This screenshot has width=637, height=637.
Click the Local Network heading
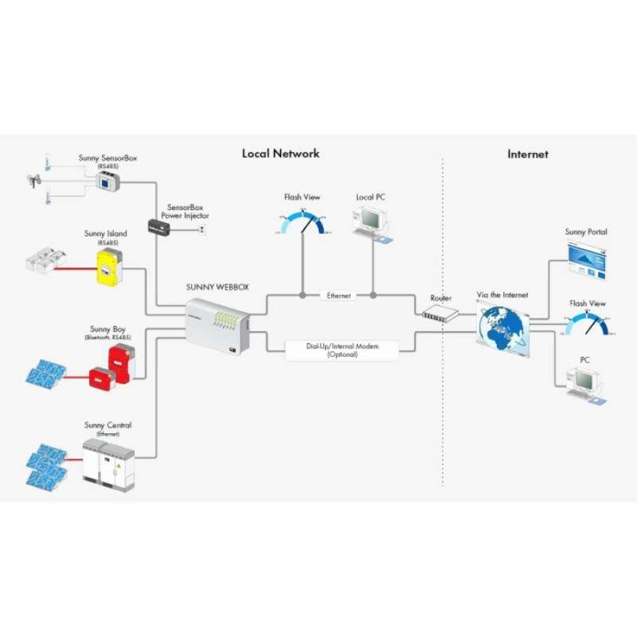(280, 153)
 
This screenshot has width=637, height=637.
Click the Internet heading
(528, 154)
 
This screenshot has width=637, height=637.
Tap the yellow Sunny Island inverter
(107, 267)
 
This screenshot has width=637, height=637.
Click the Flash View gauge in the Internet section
(588, 324)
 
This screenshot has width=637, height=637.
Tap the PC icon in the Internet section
(585, 382)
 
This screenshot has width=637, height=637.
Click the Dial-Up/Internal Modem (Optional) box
(342, 350)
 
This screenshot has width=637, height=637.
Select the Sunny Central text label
(107, 426)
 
